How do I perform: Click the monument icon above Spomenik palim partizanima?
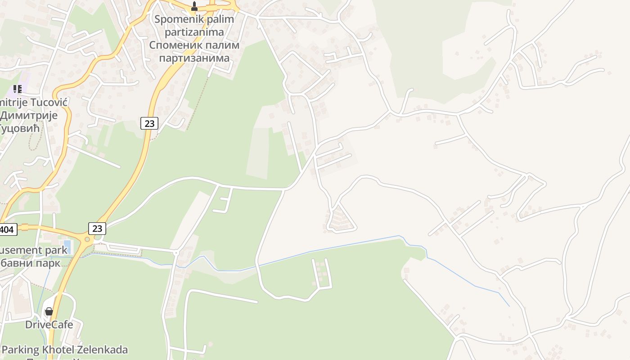pos(194,6)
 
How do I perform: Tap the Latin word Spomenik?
pos(175,19)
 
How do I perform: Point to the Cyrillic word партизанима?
pos(194,58)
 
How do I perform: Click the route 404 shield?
pos(8,229)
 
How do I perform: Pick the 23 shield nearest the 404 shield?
pos(97,228)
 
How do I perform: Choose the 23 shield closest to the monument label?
pos(149,123)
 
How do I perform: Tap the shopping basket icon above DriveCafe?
pos(49,311)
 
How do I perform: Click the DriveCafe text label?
pos(49,324)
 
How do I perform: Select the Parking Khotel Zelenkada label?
pos(64,350)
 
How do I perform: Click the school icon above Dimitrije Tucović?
pos(17,89)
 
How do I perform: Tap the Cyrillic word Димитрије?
pos(29,115)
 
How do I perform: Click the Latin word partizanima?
pos(194,32)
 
